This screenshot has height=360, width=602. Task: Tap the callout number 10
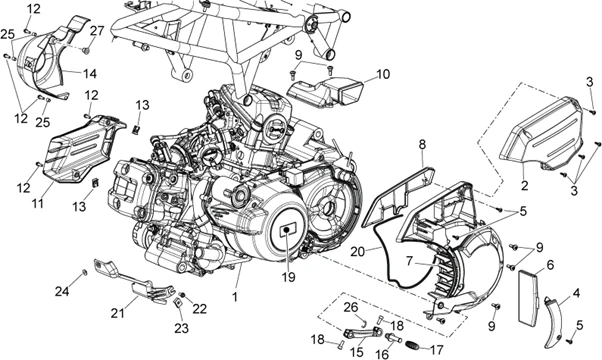pyautogui.click(x=383, y=74)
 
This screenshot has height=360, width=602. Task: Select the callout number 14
pyautogui.click(x=89, y=73)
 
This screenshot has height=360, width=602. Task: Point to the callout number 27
pyautogui.click(x=97, y=30)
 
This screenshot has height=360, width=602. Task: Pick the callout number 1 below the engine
pyautogui.click(x=236, y=297)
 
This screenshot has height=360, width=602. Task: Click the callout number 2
pyautogui.click(x=524, y=185)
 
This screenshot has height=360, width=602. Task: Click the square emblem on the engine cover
pyautogui.click(x=288, y=231)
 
